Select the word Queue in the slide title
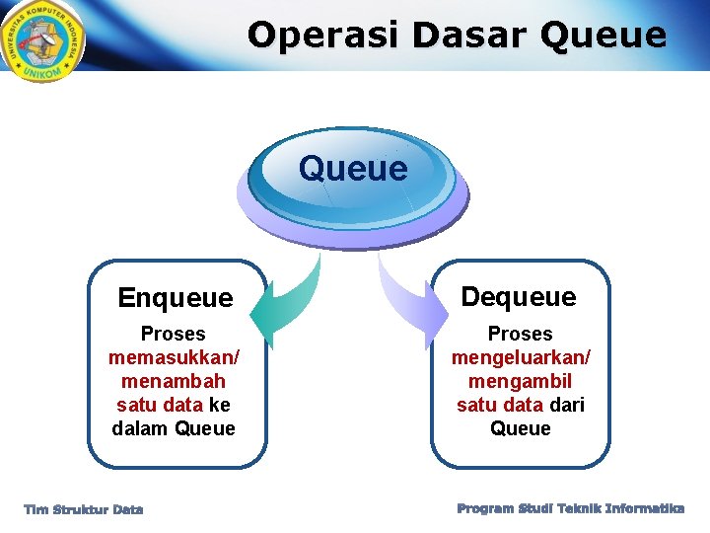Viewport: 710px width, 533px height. [x=604, y=35]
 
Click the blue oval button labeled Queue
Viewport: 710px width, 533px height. [x=352, y=170]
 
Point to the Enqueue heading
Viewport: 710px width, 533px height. [x=176, y=297]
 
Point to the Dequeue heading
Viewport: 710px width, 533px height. [x=519, y=296]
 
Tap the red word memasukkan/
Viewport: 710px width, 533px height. [x=174, y=357]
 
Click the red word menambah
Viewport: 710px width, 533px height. [x=174, y=381]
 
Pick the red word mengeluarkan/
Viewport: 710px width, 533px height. [x=521, y=357]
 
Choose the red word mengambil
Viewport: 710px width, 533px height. [x=521, y=381]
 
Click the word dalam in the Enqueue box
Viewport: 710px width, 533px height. [x=140, y=428]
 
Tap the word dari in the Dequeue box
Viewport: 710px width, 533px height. [x=566, y=405]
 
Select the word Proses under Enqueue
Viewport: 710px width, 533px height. [x=174, y=334]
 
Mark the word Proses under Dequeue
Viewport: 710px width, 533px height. [x=521, y=334]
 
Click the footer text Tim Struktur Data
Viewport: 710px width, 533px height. [x=84, y=509]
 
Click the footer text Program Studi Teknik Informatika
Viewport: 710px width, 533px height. [x=570, y=508]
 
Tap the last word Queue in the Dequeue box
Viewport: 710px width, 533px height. [x=521, y=428]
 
